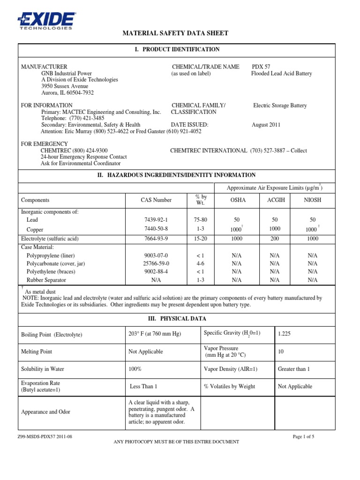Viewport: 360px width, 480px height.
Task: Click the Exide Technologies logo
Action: tap(45, 20)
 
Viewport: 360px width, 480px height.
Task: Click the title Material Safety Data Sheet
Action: tap(175, 33)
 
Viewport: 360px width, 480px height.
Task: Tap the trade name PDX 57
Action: tap(261, 67)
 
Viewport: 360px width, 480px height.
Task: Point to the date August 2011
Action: tap(267, 125)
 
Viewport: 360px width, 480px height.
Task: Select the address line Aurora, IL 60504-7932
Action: tap(67, 93)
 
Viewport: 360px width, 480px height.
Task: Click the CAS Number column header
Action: tap(156, 200)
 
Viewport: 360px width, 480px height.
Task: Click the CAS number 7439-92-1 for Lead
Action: tap(156, 219)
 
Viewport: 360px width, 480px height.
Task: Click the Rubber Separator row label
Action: tap(46, 280)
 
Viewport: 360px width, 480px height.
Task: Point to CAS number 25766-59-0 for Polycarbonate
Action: tap(157, 263)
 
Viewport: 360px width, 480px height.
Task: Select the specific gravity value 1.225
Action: tap(285, 334)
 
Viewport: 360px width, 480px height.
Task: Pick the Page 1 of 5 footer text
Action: tap(303, 436)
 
